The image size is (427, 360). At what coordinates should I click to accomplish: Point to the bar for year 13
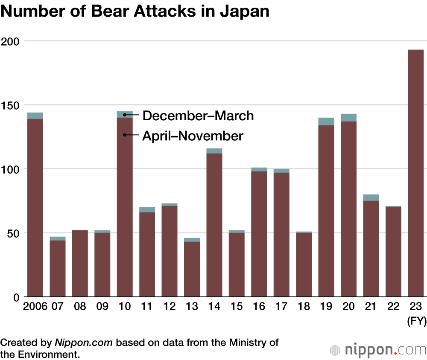coord(192,269)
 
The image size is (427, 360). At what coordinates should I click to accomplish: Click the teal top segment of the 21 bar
coord(371,197)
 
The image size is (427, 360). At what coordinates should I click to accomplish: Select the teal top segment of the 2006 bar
coord(35,116)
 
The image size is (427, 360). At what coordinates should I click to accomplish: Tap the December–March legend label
coord(198,115)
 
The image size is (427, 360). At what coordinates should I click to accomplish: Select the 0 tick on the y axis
coord(16,297)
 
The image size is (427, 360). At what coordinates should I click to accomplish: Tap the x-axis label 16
coord(259,306)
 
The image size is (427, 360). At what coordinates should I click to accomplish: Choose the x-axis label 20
coord(348,306)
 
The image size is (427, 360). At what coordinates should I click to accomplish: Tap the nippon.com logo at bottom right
coord(378,350)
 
